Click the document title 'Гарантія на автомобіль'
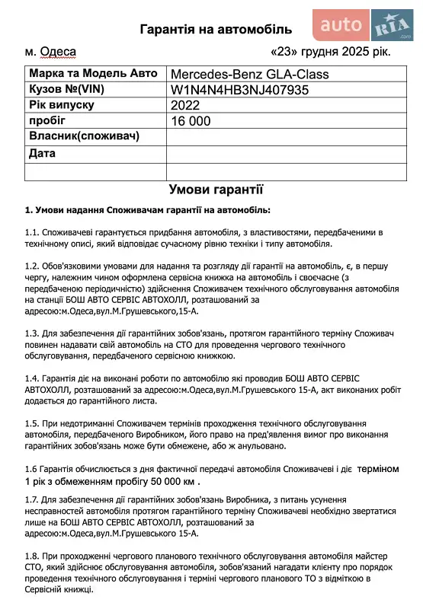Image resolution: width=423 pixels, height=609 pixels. point(216,30)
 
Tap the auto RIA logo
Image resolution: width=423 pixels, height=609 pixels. point(365,26)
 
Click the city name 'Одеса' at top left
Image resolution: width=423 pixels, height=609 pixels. point(57,53)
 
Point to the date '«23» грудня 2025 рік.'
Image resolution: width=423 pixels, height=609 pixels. point(331,53)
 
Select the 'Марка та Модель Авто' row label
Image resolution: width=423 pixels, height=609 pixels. point(92,74)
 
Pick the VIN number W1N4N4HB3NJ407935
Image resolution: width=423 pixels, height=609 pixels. point(251,90)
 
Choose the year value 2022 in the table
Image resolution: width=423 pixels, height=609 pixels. point(185,105)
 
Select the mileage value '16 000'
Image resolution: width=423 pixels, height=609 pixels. point(191,121)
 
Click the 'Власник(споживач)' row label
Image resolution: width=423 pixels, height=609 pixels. point(83,136)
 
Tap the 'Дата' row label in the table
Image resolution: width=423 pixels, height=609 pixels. point(42,153)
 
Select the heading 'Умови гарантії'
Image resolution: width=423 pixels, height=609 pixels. point(216,190)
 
